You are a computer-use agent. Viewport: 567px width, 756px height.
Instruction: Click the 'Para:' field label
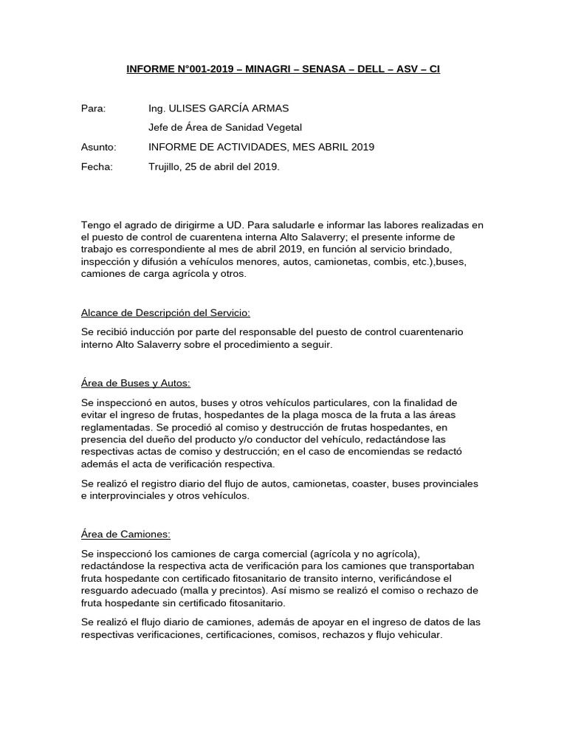[x=93, y=109]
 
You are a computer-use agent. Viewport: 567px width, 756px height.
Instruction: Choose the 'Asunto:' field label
[x=98, y=147]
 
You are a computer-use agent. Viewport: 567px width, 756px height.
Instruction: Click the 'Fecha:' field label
[x=97, y=166]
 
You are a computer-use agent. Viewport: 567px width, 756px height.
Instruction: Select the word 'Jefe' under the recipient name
[x=159, y=128]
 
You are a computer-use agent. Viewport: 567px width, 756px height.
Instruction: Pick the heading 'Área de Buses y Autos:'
[x=135, y=383]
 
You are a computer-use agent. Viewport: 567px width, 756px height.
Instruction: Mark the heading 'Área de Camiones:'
[x=126, y=534]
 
